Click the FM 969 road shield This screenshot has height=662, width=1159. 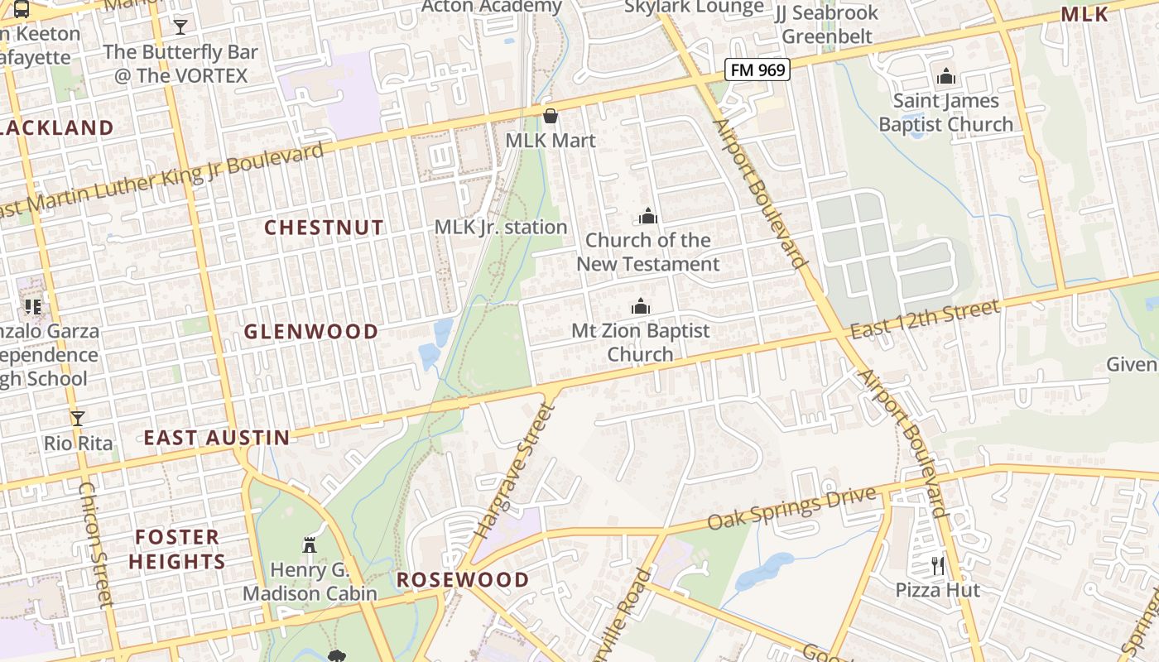(x=757, y=70)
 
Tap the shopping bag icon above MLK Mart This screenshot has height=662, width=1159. (x=550, y=116)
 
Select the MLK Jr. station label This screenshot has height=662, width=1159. (x=501, y=227)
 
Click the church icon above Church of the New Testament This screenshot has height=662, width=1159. (x=647, y=217)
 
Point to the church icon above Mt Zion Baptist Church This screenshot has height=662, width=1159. (x=640, y=307)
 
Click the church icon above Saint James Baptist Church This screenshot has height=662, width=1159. (x=945, y=77)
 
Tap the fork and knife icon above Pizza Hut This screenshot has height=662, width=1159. (x=937, y=566)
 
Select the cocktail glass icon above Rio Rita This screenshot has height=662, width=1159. (x=78, y=419)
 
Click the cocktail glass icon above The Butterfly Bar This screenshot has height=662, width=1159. (x=180, y=27)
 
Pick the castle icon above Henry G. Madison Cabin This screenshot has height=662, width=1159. (x=310, y=545)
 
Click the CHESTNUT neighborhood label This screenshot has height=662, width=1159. (x=324, y=228)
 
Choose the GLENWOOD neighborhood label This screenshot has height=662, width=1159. (x=310, y=332)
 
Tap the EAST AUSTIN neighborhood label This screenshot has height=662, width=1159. (x=217, y=438)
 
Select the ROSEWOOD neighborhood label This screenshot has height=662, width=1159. (x=462, y=579)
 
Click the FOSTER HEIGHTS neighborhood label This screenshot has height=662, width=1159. (x=177, y=549)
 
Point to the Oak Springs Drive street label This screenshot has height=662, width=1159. (x=791, y=508)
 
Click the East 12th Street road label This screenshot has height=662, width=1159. (x=925, y=319)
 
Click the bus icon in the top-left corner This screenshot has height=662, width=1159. (x=22, y=10)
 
